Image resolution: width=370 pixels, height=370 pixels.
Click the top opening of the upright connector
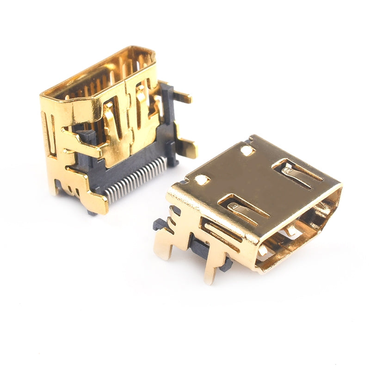(99, 74)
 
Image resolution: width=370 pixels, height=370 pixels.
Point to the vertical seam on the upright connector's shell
(129, 116)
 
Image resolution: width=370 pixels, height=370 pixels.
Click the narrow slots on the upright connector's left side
(49, 134)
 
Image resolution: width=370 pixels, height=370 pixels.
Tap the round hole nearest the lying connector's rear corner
(247, 150)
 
